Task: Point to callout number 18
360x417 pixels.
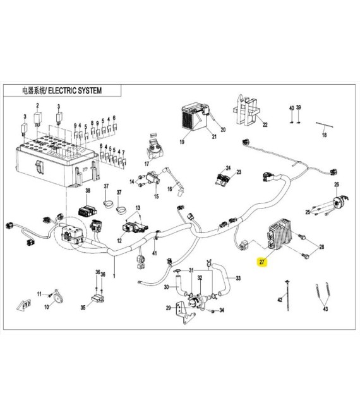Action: (x=324, y=135)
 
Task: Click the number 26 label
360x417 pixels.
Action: (x=337, y=184)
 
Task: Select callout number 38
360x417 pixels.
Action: (x=88, y=190)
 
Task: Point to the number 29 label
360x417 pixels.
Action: (x=167, y=308)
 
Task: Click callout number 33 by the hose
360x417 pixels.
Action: (x=238, y=278)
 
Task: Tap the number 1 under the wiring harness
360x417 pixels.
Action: (x=114, y=276)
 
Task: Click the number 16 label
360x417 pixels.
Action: (x=170, y=189)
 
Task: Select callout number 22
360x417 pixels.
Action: (x=265, y=124)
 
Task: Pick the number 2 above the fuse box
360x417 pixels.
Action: (x=37, y=105)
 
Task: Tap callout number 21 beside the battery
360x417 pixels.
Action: (x=214, y=137)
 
